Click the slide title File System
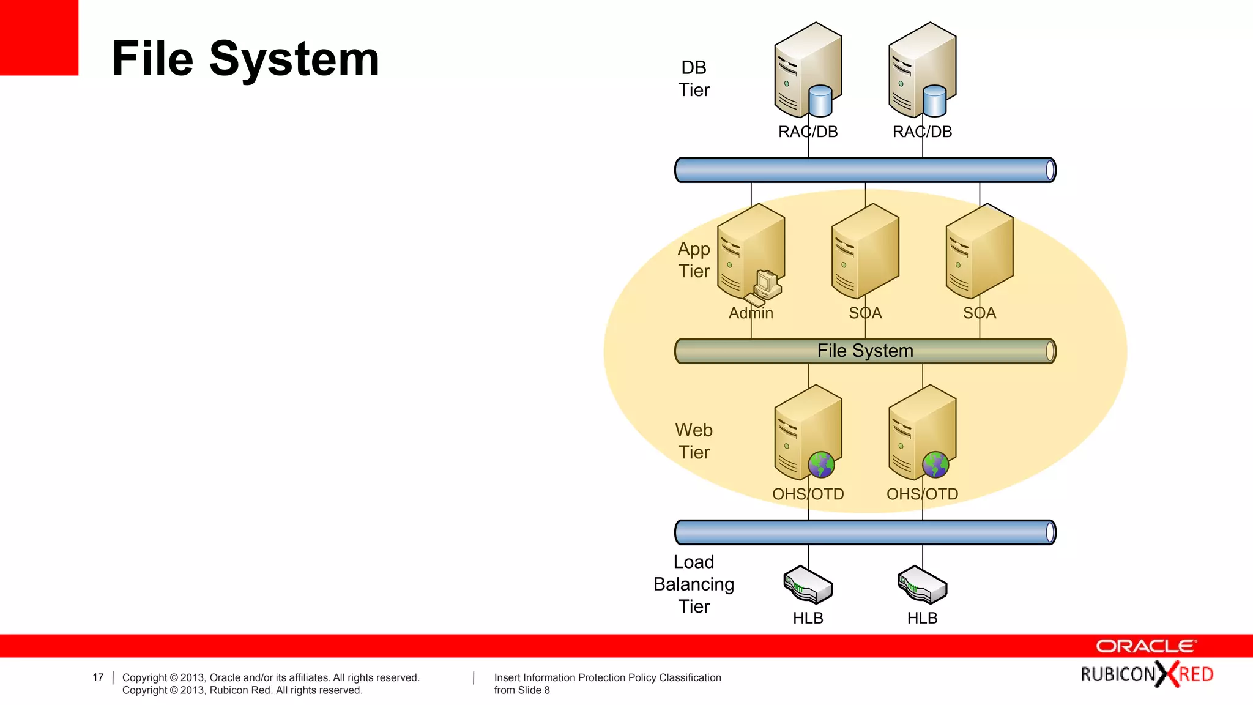pos(245,59)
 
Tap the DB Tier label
pos(694,79)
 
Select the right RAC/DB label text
pos(922,132)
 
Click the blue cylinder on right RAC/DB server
pos(934,101)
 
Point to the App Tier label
pos(694,260)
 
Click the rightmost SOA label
pos(979,313)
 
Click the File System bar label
pos(864,351)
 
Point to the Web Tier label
pos(694,441)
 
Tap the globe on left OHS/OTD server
pos(820,465)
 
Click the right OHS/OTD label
pos(922,494)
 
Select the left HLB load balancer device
pos(808,585)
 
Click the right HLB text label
pos(922,618)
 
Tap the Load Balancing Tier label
pos(694,584)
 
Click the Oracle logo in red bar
pos(1145,646)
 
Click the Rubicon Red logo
pos(1147,674)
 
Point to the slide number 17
pos(98,677)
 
